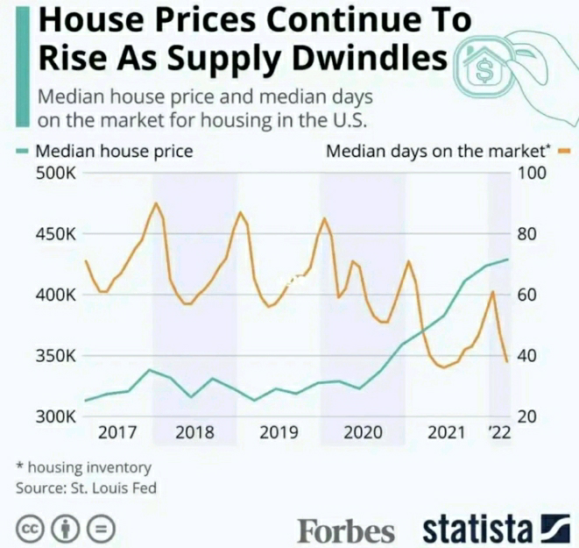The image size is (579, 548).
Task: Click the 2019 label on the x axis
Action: pos(279,432)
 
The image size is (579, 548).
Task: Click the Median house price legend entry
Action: pos(113,151)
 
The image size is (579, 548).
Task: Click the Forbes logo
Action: pos(346,530)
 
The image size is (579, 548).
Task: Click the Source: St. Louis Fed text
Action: pos(86,487)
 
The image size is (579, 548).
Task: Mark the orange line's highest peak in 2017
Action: pos(156,203)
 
